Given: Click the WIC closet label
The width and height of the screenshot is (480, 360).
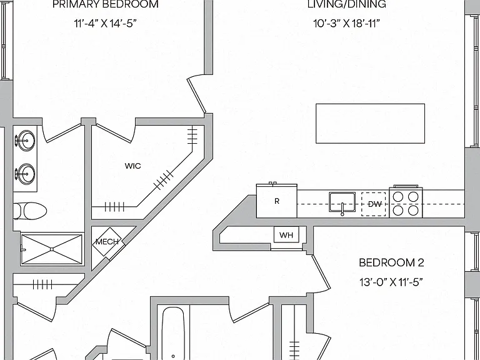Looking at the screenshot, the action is tap(133, 166).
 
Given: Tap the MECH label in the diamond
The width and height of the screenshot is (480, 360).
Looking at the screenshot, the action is tap(107, 241).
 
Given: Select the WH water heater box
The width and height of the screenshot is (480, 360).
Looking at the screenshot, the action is tap(286, 235).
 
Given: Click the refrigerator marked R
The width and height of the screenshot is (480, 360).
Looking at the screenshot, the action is tap(277, 201).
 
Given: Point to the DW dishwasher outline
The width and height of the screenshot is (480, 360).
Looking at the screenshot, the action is tap(374, 204).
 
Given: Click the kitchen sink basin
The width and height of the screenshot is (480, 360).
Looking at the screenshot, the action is tap(342, 202).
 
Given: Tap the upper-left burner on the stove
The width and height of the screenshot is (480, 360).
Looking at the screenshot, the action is tap(398, 197).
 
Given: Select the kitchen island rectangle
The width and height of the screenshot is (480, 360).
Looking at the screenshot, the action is tap(370, 123).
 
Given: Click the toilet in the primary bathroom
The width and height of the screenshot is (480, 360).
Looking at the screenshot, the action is tap(30, 211).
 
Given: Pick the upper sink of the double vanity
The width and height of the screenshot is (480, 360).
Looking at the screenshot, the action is tap(25, 141).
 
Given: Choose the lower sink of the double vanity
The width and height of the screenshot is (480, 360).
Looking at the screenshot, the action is tap(25, 174).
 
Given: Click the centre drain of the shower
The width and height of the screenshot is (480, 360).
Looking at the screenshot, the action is tap(52, 249).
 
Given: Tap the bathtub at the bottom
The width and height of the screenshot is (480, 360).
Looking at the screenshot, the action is tap(173, 333).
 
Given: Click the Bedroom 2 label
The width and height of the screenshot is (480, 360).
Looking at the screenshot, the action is tap(391, 262).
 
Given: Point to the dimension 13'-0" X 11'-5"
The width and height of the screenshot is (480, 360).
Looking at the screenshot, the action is tap(391, 282).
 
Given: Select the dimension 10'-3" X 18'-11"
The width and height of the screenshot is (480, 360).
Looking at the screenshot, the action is tap(346, 23).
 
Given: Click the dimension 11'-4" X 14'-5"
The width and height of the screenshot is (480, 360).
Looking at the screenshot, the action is tap(105, 23).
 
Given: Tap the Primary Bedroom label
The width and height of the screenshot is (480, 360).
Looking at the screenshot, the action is tap(106, 4).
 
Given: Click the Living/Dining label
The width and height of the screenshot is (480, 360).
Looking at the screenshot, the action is tap(347, 4).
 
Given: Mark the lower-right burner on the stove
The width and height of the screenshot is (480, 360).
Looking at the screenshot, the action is tap(413, 210).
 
